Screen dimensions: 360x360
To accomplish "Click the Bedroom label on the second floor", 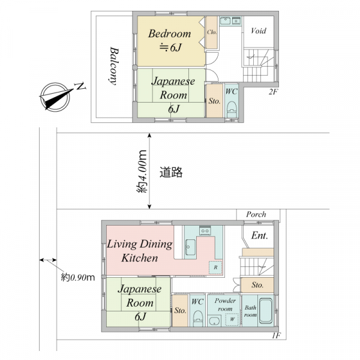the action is [169, 34].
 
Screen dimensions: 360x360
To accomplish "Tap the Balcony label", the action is [113, 66].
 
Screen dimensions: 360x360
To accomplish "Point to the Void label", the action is [259, 31].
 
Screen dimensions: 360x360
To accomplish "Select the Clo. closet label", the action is [212, 32].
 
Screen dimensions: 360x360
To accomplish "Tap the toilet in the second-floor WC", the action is [232, 109].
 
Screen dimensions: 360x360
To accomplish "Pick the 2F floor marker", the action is [273, 92].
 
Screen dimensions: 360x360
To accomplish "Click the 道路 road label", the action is [171, 172].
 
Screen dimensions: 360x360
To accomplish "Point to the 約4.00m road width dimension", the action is [142, 171].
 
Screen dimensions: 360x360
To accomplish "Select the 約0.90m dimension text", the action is [78, 277].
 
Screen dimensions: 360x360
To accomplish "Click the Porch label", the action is [256, 214].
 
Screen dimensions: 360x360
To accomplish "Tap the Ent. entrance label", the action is [259, 236].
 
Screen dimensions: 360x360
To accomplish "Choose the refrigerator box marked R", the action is [215, 267].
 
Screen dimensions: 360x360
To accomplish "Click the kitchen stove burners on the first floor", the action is [205, 230].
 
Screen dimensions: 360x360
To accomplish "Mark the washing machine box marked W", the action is [232, 319].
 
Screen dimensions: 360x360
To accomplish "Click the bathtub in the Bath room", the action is [266, 311].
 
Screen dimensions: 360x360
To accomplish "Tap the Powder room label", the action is [225, 304].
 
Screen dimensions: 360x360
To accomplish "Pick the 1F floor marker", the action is [277, 335].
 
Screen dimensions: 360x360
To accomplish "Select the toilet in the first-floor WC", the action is [197, 318].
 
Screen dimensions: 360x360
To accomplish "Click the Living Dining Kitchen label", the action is [140, 251].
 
